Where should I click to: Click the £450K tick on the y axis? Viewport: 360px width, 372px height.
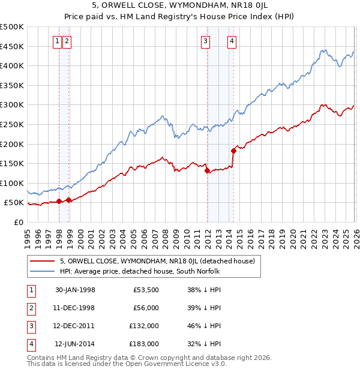click(x=12, y=46)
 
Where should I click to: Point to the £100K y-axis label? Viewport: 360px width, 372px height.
click(x=12, y=183)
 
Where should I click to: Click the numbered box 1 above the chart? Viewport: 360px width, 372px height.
click(x=57, y=41)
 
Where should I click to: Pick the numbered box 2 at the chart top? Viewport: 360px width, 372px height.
click(x=66, y=41)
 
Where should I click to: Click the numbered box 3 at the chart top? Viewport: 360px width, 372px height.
click(x=206, y=41)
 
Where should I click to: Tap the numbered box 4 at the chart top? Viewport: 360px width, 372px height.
click(x=232, y=41)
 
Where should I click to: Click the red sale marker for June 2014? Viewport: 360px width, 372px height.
click(x=233, y=150)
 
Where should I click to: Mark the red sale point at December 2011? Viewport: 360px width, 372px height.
click(x=207, y=170)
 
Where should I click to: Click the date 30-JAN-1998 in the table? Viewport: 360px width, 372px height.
click(x=75, y=290)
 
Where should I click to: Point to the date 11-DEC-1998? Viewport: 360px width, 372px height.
click(x=75, y=308)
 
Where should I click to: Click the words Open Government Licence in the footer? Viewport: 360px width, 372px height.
click(x=177, y=364)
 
